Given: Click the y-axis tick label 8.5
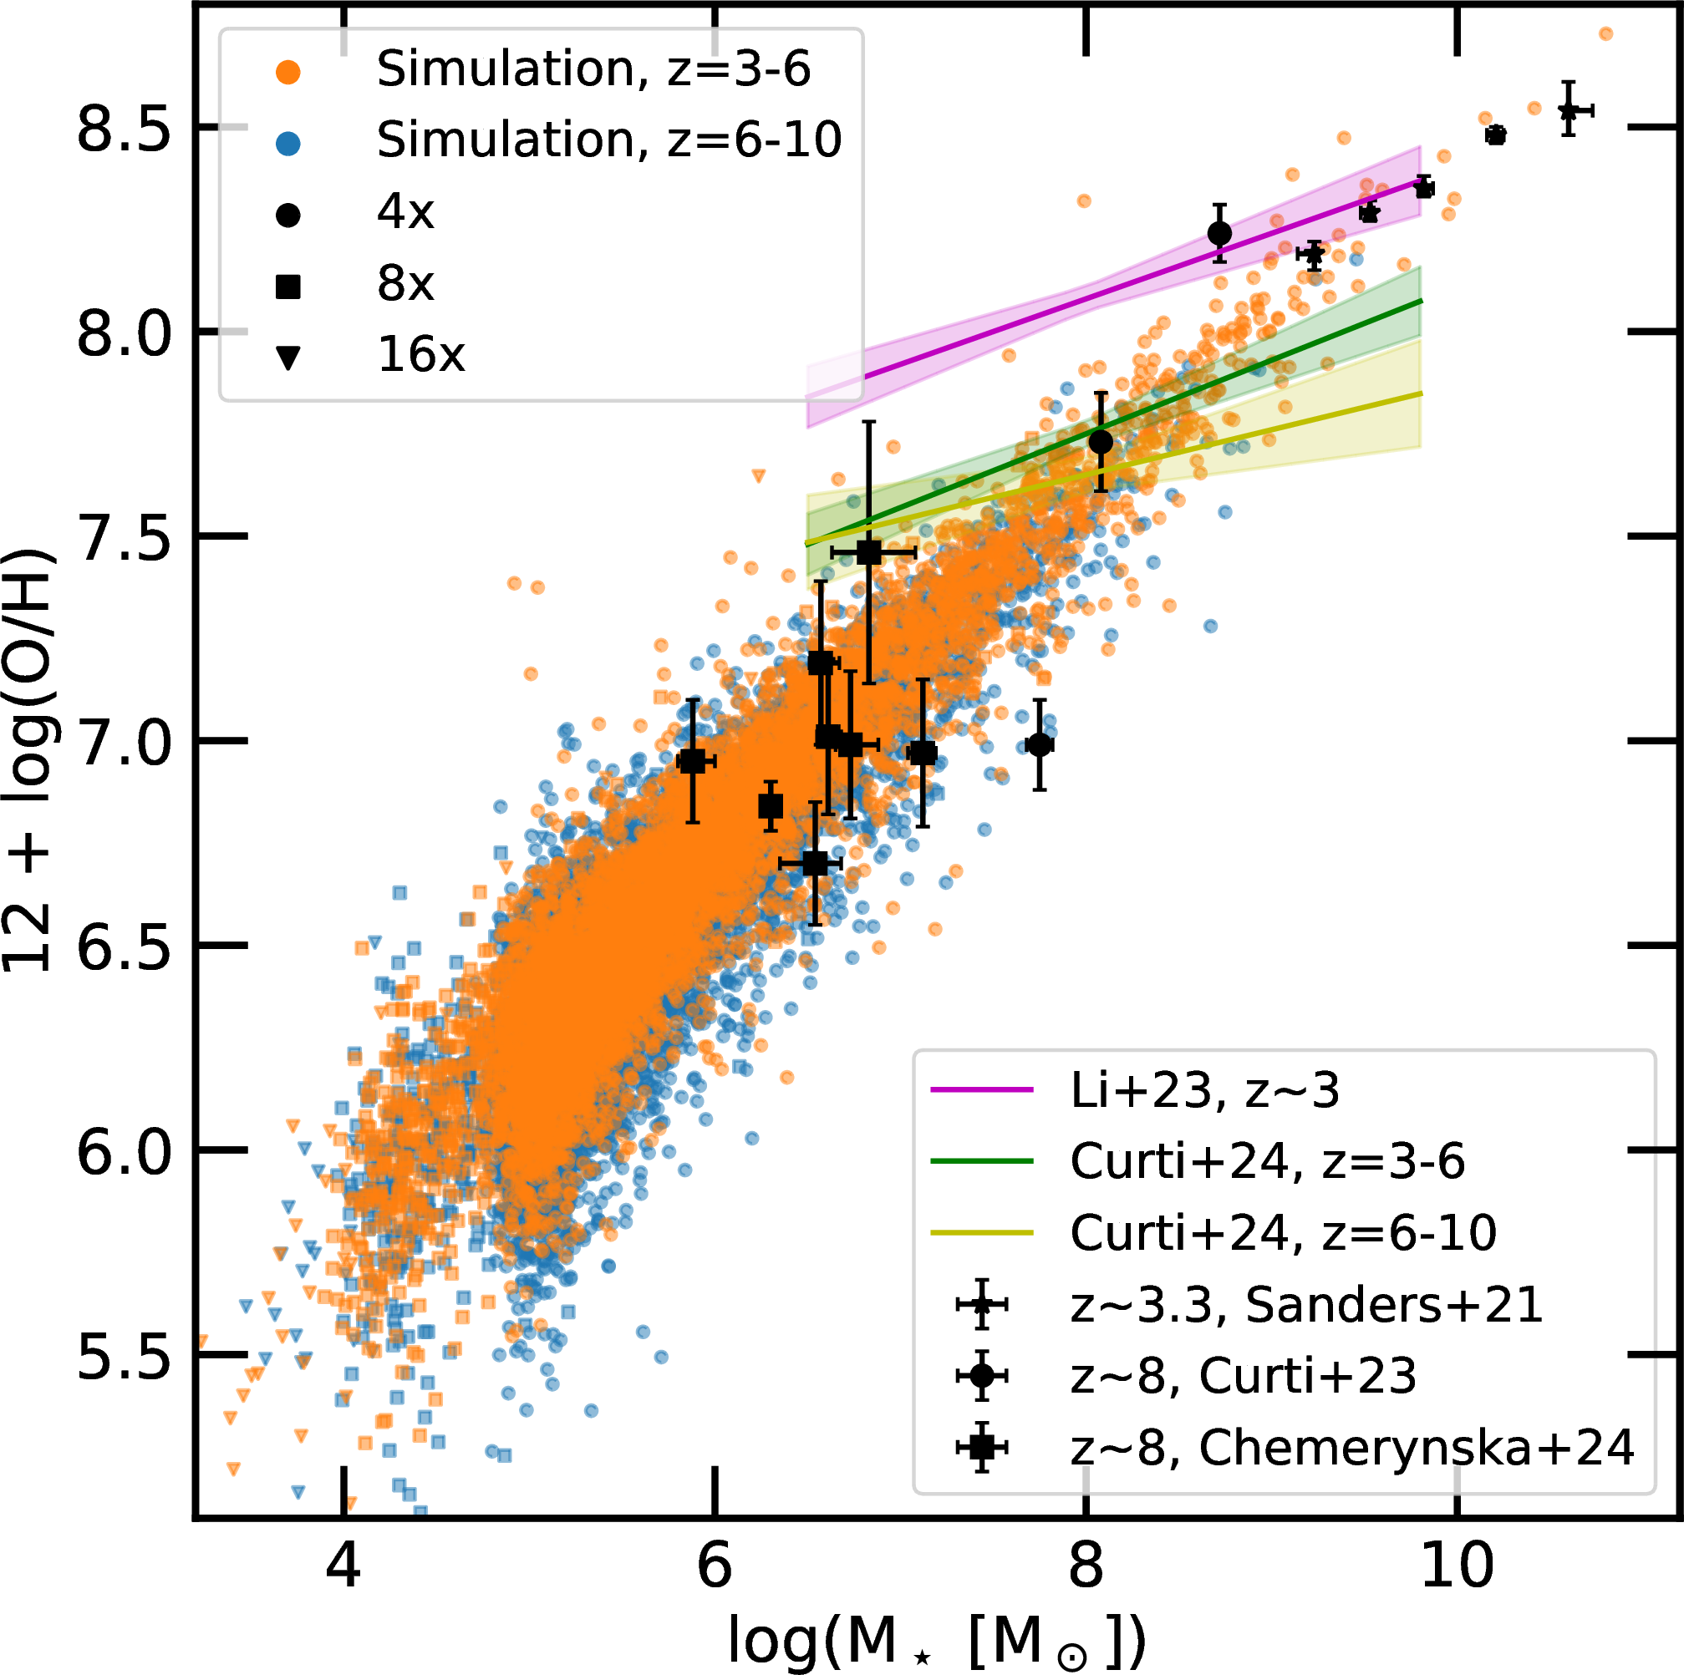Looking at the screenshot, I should (121, 133).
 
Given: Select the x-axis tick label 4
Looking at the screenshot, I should (343, 1566).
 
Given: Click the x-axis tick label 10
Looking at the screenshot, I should (1457, 1566).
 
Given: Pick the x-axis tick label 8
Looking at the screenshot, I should (1085, 1566).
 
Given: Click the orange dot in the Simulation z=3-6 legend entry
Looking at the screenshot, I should (287, 73).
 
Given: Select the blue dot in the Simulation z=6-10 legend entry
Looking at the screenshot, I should (287, 144).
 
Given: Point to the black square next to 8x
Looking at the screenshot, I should (287, 286).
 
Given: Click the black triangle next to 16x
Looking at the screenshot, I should (287, 358).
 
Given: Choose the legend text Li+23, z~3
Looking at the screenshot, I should (1204, 1090).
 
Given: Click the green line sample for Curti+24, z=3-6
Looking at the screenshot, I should (981, 1161).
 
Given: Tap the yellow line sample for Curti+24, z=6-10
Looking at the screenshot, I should (981, 1232).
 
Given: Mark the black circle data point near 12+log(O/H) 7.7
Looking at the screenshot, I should (1101, 442).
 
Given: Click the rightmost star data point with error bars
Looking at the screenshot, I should (1568, 110).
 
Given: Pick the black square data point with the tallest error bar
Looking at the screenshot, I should (869, 552).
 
